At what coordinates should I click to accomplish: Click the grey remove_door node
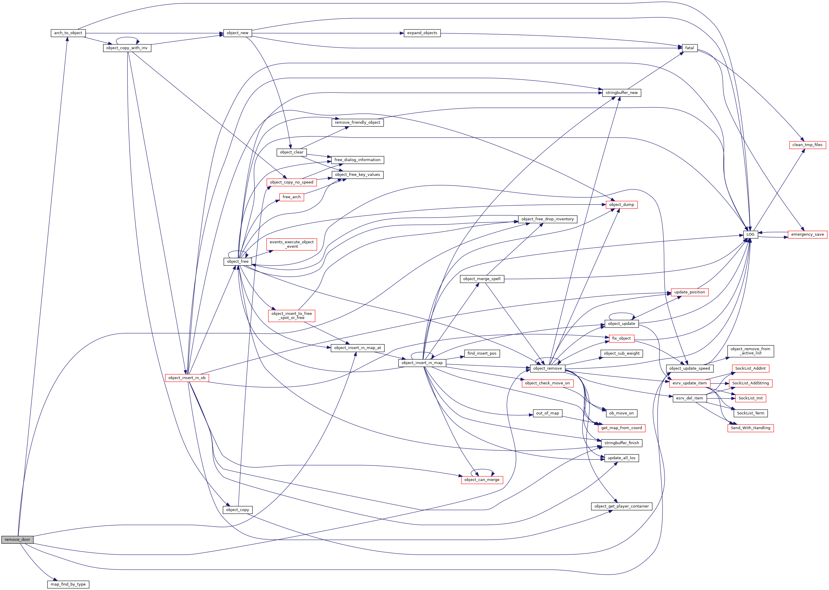[x=17, y=540]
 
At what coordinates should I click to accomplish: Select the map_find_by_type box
[x=68, y=584]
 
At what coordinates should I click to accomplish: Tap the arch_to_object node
[x=68, y=33]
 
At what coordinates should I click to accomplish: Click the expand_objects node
[x=422, y=33]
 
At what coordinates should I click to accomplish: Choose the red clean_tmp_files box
[x=807, y=145]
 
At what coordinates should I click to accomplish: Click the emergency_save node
[x=807, y=234]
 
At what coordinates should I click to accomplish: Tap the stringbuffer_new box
[x=621, y=93]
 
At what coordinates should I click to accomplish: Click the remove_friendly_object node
[x=357, y=123]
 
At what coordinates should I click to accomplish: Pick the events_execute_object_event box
[x=292, y=244]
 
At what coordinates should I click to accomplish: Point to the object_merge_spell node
[x=482, y=279]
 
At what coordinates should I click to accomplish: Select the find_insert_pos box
[x=482, y=353]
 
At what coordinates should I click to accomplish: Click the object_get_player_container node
[x=621, y=506]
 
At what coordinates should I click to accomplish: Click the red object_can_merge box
[x=482, y=480]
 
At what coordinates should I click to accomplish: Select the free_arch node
[x=292, y=197]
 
